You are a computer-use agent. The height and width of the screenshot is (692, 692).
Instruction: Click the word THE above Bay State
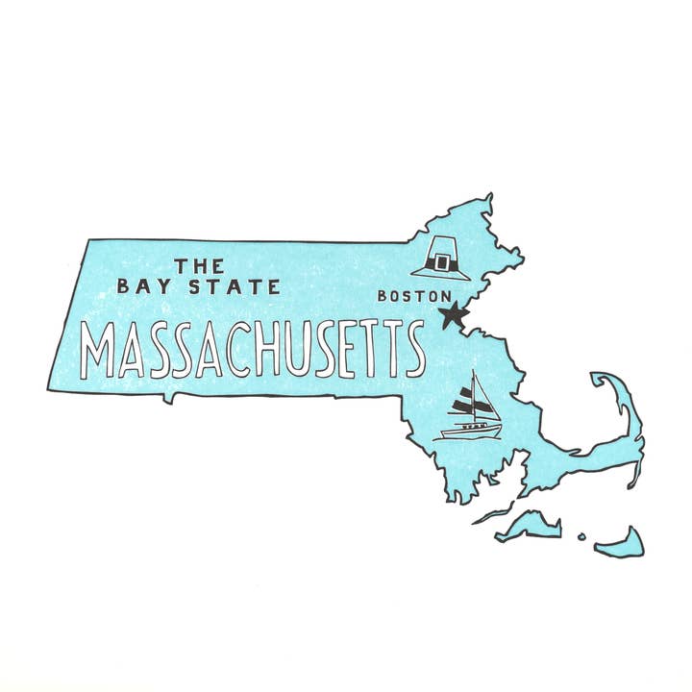(199, 264)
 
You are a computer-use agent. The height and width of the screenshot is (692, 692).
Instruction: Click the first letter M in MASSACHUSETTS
(98, 351)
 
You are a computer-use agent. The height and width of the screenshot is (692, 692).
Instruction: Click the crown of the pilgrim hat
(443, 246)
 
